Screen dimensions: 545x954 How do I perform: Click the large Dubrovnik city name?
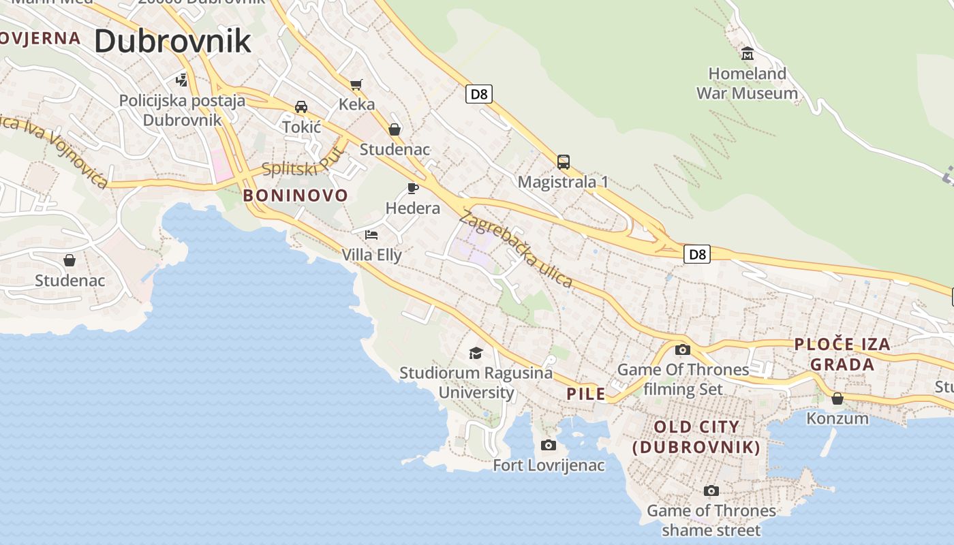point(172,42)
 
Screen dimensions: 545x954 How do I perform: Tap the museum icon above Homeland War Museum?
point(748,53)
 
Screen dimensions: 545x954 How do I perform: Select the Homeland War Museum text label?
point(747,83)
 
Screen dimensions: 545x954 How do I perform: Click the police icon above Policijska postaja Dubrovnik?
point(181,80)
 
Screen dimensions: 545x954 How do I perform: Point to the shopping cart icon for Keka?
point(356,84)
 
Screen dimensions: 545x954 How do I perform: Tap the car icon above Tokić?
point(301,107)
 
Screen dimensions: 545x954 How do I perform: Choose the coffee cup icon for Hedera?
point(412,188)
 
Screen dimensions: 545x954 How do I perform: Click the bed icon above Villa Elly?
point(371,235)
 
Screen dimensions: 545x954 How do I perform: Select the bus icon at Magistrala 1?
point(563,162)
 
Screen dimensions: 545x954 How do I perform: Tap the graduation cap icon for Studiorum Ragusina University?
point(476,353)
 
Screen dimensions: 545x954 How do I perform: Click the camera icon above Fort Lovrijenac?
point(548,446)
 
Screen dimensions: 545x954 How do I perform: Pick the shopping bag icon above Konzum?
point(837,398)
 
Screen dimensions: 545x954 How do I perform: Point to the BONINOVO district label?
point(296,196)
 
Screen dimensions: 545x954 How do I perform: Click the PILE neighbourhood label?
point(586,394)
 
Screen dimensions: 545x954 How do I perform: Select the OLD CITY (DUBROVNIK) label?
point(696,437)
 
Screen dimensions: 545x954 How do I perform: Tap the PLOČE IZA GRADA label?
point(842,354)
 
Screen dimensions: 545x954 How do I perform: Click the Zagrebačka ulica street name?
point(515,250)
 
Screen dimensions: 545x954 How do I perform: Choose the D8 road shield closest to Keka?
point(479,94)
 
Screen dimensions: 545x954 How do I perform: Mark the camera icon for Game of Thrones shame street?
point(711,490)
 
